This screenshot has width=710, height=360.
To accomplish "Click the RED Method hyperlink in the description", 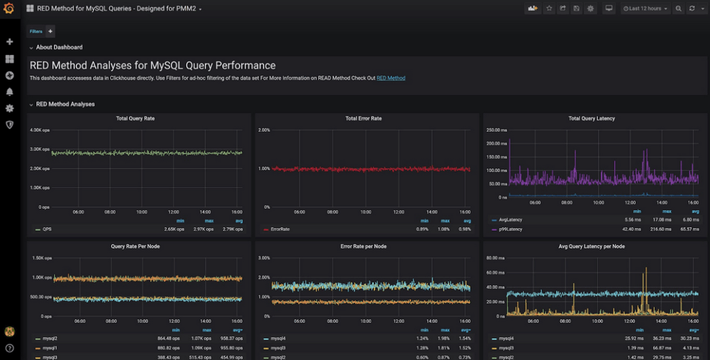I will click(x=391, y=78).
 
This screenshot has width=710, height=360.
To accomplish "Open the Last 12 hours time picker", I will click(x=646, y=9).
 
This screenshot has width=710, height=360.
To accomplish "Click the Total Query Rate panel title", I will click(x=135, y=119).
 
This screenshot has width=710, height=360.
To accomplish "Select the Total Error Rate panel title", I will click(x=363, y=119).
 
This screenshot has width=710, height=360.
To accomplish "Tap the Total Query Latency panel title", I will click(x=591, y=119).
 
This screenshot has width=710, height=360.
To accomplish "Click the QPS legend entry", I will click(x=47, y=228).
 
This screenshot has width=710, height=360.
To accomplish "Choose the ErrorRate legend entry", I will click(x=279, y=228).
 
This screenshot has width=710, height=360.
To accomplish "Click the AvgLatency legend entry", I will click(x=511, y=220).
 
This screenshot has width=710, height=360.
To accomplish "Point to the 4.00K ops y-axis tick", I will click(x=40, y=130).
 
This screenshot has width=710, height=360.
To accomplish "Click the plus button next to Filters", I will click(x=50, y=31).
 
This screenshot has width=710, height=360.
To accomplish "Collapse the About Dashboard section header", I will click(x=59, y=47).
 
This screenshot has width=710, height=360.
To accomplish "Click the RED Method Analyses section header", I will click(x=65, y=104).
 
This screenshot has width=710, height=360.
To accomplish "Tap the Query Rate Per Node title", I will click(x=135, y=246).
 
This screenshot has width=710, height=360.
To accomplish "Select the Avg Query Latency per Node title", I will click(x=591, y=246).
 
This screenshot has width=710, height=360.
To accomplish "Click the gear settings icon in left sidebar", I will click(x=10, y=108).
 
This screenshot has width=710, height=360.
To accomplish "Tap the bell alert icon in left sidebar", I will click(x=10, y=92).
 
